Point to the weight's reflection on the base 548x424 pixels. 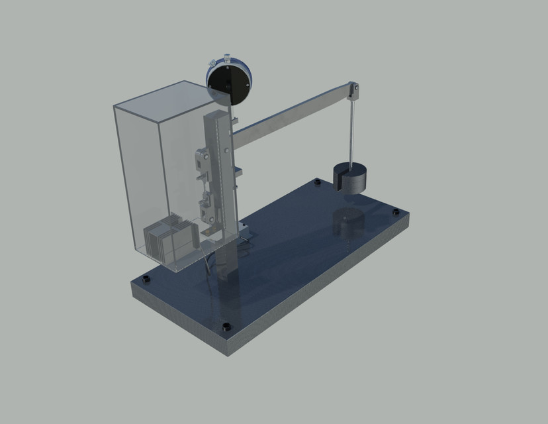click(348, 223)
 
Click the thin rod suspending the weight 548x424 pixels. click(353, 129)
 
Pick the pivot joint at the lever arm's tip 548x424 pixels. click(355, 87)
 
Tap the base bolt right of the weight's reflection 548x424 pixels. click(395, 212)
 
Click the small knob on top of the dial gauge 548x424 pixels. click(212, 64)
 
